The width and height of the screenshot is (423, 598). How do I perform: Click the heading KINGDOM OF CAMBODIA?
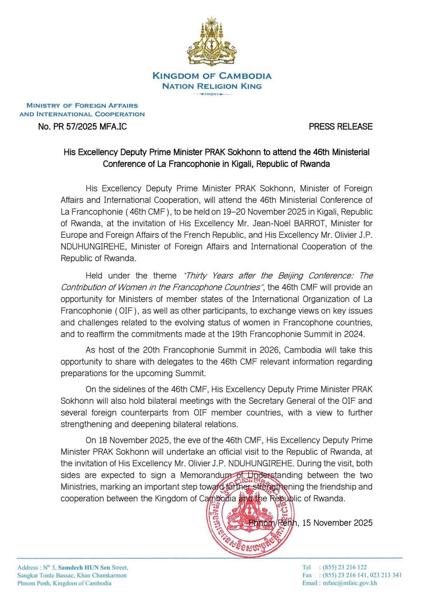(211, 76)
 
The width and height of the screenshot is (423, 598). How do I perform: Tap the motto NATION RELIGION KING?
(211, 86)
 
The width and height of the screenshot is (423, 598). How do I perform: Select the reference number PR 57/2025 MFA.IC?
(82, 126)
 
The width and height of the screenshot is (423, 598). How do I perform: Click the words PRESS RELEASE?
(341, 126)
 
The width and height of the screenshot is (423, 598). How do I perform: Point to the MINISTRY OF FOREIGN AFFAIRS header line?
(82, 106)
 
